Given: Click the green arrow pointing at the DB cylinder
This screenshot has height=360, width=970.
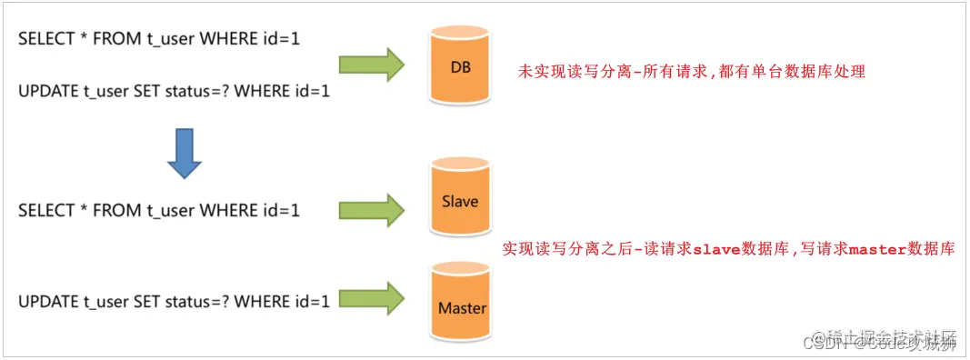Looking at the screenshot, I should coord(371,65).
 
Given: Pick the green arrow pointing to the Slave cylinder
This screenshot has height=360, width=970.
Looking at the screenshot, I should coord(371,209).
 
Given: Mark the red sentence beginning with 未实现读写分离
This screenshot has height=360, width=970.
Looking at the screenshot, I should coord(691,71).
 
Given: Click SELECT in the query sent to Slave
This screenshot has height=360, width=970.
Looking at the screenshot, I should coord(45,211).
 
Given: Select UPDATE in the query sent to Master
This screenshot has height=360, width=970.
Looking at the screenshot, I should coord(46,300).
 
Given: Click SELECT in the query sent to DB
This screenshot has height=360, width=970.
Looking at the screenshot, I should coord(45,40).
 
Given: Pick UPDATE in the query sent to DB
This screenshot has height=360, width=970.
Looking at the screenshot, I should coord(46,91).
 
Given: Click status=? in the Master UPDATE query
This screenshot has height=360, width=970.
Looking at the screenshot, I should coord(194,300).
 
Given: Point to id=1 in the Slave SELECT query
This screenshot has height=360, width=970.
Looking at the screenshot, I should coord(280,211).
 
